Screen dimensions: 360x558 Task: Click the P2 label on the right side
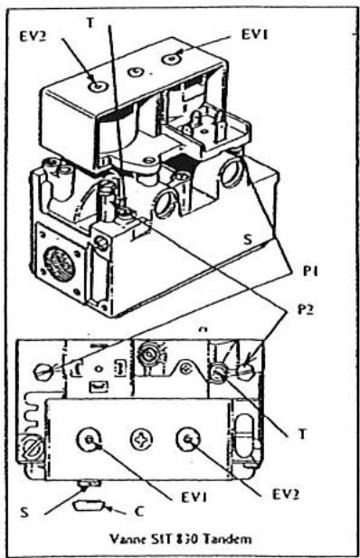[x=308, y=308]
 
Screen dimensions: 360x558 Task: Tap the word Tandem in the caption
[x=213, y=538]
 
